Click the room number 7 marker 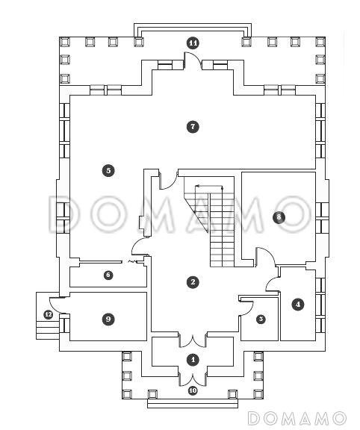pyautogui.click(x=193, y=127)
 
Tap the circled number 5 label pyautogui.click(x=108, y=170)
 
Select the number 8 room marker pyautogui.click(x=279, y=217)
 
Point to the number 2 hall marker pyautogui.click(x=193, y=282)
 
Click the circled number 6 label pyautogui.click(x=108, y=275)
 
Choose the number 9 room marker pyautogui.click(x=108, y=319)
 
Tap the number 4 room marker pyautogui.click(x=298, y=304)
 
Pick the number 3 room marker pyautogui.click(x=261, y=319)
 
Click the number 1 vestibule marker pyautogui.click(x=193, y=360)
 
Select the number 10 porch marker pyautogui.click(x=193, y=390)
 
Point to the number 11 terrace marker pyautogui.click(x=193, y=43)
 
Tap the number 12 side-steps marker pyautogui.click(x=49, y=314)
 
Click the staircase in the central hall pyautogui.click(x=209, y=222)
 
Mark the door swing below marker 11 pyautogui.click(x=193, y=60)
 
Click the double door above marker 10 pyautogui.click(x=193, y=379)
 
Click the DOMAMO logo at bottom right pyautogui.click(x=297, y=419)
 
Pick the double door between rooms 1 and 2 pyautogui.click(x=193, y=340)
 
